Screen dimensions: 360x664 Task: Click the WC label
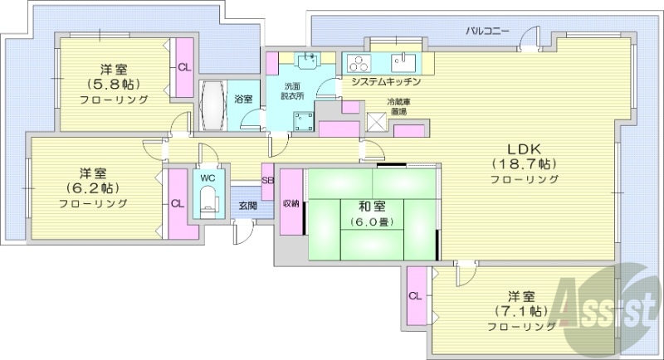[206, 177]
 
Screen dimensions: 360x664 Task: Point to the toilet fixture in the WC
[207, 199]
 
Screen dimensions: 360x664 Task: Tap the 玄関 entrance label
[247, 205]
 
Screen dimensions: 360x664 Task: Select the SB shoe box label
[267, 180]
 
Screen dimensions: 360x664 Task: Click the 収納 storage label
[290, 203]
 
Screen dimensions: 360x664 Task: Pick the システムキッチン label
[386, 82]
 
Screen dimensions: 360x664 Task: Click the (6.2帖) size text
[92, 187]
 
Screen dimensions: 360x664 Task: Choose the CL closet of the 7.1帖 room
[415, 295]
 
